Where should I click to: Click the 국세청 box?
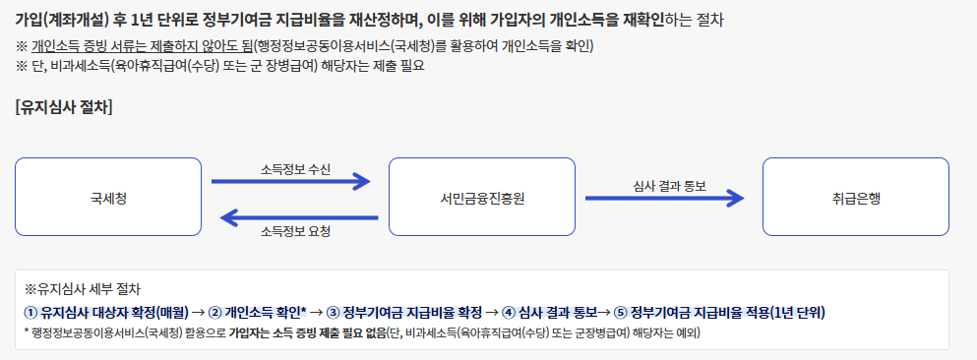108,197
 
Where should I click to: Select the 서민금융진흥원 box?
482,197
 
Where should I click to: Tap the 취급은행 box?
855,197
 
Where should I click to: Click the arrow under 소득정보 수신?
291,181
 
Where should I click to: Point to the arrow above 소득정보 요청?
296,215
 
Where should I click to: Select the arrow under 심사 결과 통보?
664,198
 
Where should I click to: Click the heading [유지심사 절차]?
64,107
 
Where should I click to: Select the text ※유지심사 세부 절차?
82,290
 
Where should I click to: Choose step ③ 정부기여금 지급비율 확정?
404,312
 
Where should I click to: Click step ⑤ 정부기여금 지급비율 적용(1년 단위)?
719,312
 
